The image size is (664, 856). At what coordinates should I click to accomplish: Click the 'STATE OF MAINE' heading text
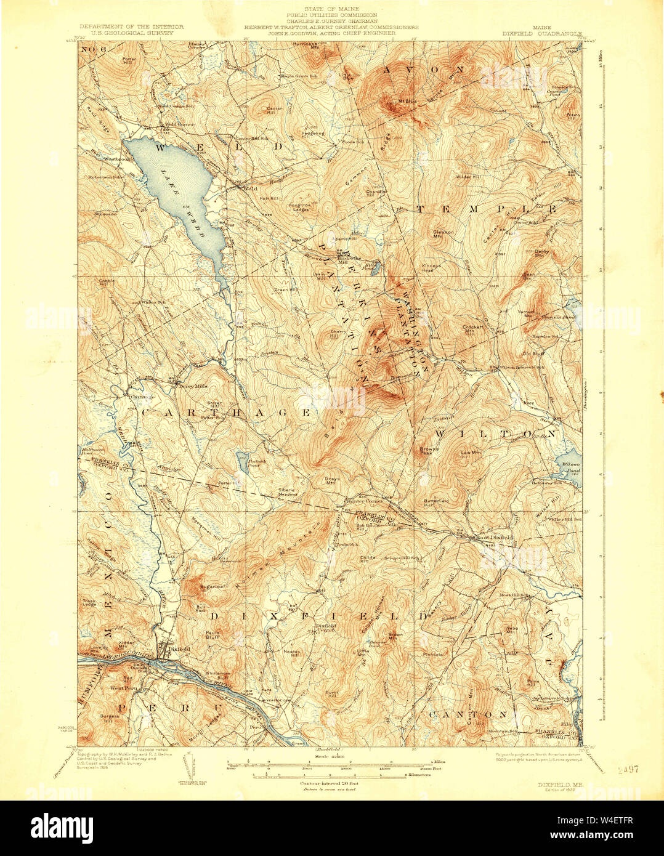332,8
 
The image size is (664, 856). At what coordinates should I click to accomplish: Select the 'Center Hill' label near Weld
273,111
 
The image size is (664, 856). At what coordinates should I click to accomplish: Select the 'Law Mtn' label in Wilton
471,453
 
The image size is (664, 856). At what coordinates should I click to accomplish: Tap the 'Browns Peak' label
429,450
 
